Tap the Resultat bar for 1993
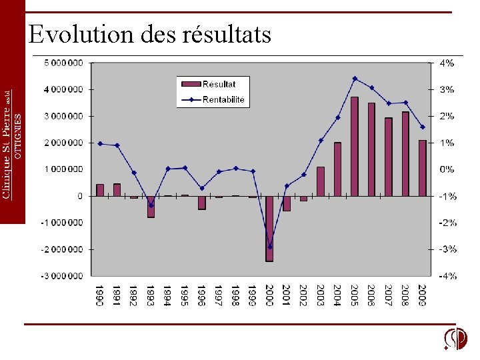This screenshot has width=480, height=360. coord(151,207)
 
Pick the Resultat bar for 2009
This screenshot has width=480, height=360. coord(423,168)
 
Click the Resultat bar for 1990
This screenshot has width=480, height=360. coord(100,190)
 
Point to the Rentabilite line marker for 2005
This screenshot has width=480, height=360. coord(355,79)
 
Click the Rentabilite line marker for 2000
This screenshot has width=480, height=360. coord(270,247)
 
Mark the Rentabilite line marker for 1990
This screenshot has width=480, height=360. coord(100,143)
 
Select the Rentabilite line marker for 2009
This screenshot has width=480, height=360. coord(423,127)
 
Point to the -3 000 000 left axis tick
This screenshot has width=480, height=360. coord(62,276)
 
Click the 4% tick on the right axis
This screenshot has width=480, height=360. coord(447,63)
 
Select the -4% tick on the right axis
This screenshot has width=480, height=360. coord(447,276)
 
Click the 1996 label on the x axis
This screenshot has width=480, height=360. coord(201,295)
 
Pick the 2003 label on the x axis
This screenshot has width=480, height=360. coord(321,295)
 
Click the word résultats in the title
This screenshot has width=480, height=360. coord(226,34)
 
